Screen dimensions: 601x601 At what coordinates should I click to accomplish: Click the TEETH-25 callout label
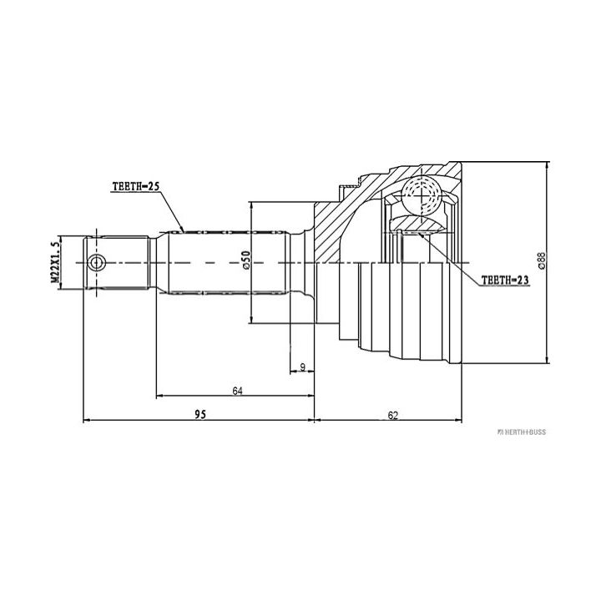point(135,186)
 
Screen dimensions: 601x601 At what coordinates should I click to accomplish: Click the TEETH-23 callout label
point(505,280)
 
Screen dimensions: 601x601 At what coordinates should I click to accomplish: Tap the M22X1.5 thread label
point(55,263)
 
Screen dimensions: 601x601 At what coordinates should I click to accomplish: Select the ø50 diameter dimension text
point(245,260)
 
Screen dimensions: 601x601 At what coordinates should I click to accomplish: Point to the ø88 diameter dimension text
point(542,260)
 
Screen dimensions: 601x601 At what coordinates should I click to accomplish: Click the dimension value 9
point(302,367)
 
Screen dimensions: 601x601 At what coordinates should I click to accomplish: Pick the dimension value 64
point(238,391)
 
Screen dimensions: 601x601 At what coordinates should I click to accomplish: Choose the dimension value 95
point(200,414)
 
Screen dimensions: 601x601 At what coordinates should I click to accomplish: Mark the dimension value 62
point(393,415)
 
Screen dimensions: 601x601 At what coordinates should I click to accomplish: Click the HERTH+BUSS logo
point(522,432)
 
